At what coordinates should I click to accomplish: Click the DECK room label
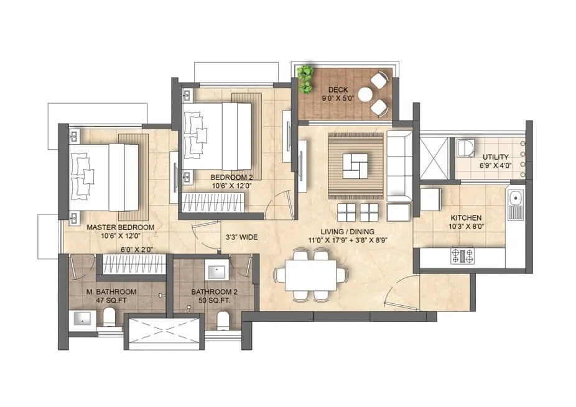(x=338, y=89)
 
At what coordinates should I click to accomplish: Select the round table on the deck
(x=365, y=94)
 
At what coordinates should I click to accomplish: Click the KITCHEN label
(x=466, y=217)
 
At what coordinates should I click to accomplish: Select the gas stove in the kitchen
(x=462, y=254)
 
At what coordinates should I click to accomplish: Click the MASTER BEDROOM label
(x=120, y=227)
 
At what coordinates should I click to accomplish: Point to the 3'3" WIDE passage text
(x=241, y=237)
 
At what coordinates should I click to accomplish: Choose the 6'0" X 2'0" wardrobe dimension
(x=137, y=250)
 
